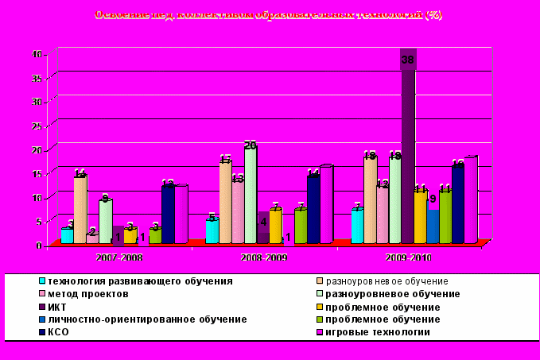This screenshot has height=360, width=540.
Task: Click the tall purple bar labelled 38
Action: pyautogui.click(x=408, y=151)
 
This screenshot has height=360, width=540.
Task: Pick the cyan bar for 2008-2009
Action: pyautogui.click(x=212, y=230)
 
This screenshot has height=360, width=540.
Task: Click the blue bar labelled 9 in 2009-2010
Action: pyautogui.click(x=432, y=226)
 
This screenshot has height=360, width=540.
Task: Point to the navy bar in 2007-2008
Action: pyautogui.click(x=168, y=215)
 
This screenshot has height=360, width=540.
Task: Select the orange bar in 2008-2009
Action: pyautogui.click(x=275, y=226)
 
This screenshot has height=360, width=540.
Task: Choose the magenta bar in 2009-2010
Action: pyautogui.click(x=469, y=200)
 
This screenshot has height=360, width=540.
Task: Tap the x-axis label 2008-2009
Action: pyautogui.click(x=264, y=258)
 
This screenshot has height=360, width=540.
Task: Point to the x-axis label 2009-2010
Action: pyautogui.click(x=409, y=258)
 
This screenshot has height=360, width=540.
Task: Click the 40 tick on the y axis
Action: pyautogui.click(x=37, y=54)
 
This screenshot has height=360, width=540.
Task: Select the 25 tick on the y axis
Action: pyautogui.click(x=37, y=126)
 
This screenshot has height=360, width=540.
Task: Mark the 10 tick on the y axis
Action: pyautogui.click(x=37, y=197)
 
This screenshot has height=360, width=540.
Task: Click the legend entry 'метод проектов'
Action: pyautogui.click(x=87, y=294)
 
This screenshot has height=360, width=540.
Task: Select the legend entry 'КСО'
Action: pyautogui.click(x=60, y=332)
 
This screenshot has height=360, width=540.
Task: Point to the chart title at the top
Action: pyautogui.click(x=269, y=15)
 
